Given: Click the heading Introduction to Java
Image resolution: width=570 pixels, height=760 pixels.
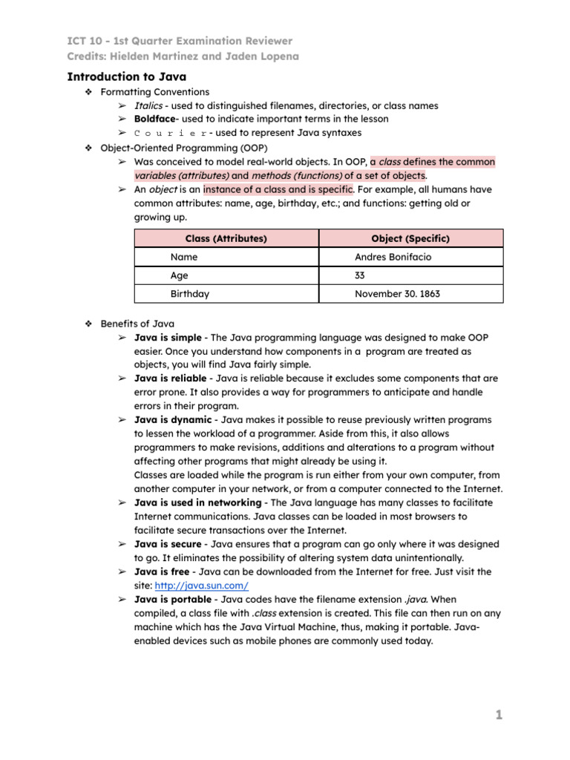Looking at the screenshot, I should coord(127,76).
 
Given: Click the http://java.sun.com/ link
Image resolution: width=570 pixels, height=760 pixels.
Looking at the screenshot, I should coord(201,586).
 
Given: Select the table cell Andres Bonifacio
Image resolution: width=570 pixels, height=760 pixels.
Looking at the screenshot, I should coord(393,257).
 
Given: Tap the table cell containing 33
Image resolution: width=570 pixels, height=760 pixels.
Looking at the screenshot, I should coord(361,275).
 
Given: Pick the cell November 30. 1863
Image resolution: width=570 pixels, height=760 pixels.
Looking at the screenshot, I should coord(397,294).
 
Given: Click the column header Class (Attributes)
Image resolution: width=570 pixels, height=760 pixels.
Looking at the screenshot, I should coord(226,238).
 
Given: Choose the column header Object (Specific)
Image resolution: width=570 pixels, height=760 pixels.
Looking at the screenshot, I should coord(410,238).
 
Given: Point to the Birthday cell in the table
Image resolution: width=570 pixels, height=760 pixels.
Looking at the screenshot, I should coord(189,294).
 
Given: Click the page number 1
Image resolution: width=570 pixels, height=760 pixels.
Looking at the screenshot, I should coord(499,715).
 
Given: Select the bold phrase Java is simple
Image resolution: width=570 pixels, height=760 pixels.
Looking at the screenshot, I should coord(168,338).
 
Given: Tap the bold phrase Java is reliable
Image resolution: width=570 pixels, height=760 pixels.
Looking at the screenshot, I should coord(170,378).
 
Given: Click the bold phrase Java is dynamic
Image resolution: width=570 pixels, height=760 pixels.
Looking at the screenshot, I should coord(173,419).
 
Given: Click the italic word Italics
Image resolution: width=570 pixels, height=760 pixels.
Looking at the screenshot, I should coord(148,106).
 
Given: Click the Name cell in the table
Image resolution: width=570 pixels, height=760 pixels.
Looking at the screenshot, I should coord(184,257).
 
